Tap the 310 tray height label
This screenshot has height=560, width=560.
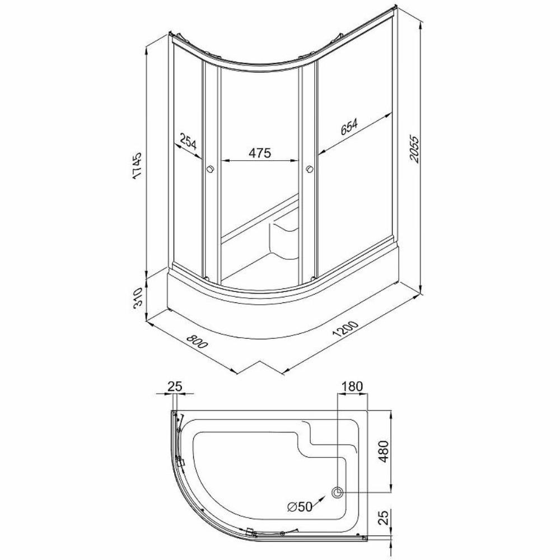click(138, 297)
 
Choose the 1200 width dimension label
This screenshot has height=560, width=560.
click(344, 329)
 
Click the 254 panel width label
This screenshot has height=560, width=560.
click(188, 142)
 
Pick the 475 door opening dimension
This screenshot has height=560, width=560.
click(260, 152)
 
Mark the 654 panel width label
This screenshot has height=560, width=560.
click(348, 127)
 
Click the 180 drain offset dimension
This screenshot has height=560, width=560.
click(352, 386)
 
